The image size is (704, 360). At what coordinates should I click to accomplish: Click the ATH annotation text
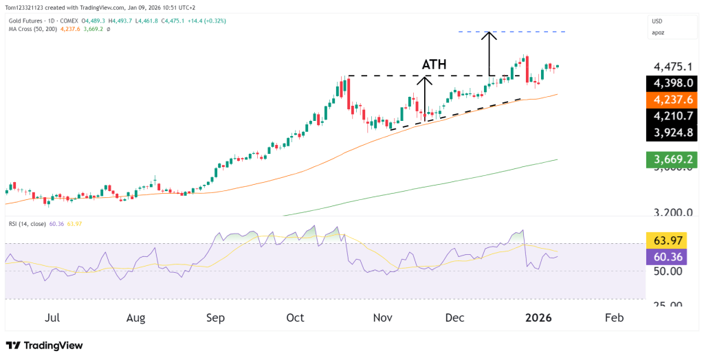(434, 65)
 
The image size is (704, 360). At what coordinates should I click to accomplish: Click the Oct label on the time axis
(295, 318)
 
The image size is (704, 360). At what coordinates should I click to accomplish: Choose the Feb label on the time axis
(614, 318)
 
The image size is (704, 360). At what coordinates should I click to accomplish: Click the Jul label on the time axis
(52, 318)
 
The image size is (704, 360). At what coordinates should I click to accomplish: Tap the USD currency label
(658, 21)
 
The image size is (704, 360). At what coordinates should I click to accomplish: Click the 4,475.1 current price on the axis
(672, 67)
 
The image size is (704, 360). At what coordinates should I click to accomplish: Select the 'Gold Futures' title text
(27, 21)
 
